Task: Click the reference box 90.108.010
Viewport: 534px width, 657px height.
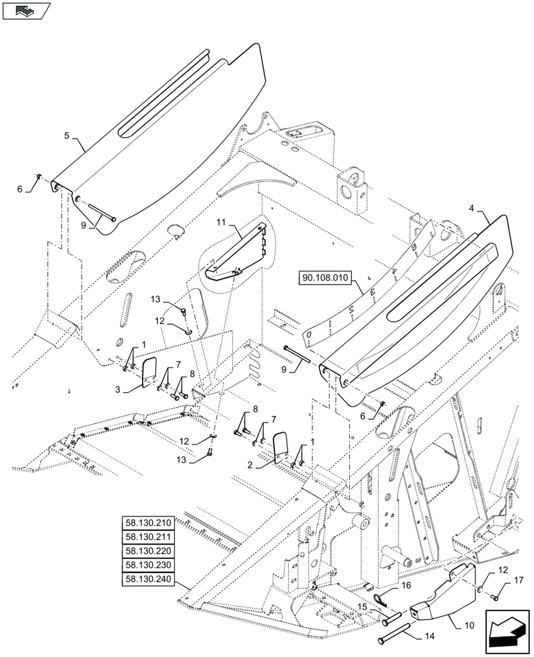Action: [327, 277]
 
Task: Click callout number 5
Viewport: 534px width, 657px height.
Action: [67, 136]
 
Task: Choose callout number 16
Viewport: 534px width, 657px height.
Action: [406, 584]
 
